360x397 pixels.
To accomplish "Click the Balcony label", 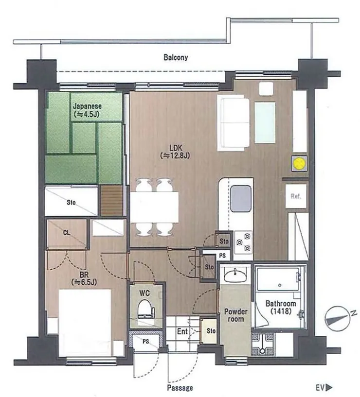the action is (x=176, y=57).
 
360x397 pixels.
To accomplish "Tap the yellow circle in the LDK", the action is (x=299, y=163).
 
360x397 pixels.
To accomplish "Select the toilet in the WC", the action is (x=146, y=309).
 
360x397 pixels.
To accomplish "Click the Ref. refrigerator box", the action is (x=296, y=196).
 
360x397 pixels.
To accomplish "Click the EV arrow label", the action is (x=324, y=387).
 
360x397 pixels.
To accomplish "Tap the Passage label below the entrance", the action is (x=180, y=388).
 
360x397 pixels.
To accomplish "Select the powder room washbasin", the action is (x=235, y=275).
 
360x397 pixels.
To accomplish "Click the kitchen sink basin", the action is (x=241, y=198).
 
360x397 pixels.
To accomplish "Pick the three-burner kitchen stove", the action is (x=243, y=242).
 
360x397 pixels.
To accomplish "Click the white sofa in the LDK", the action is (x=233, y=123).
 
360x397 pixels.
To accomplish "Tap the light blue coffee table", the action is (x=265, y=122).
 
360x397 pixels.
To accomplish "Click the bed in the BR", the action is (x=85, y=323).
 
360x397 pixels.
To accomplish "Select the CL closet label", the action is (x=67, y=233).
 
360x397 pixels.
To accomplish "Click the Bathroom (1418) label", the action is (x=281, y=307).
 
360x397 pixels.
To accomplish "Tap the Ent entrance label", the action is (x=182, y=331).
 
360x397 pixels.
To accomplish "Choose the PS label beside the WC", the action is (x=145, y=342).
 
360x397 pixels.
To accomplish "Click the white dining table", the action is (x=154, y=207).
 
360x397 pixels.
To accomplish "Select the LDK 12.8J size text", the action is (x=175, y=155).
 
